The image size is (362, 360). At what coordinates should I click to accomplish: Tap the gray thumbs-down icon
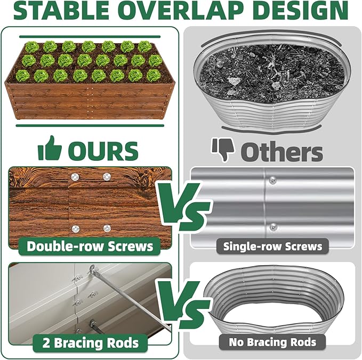(x=223, y=149)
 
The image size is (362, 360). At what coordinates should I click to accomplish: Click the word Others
(x=281, y=151)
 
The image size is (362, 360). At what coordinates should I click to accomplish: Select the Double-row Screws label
(x=90, y=246)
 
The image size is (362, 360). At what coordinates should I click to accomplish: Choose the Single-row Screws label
(x=272, y=246)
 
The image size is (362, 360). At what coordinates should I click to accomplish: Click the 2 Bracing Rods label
(x=90, y=342)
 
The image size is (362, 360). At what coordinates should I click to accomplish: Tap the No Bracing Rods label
(x=272, y=342)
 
